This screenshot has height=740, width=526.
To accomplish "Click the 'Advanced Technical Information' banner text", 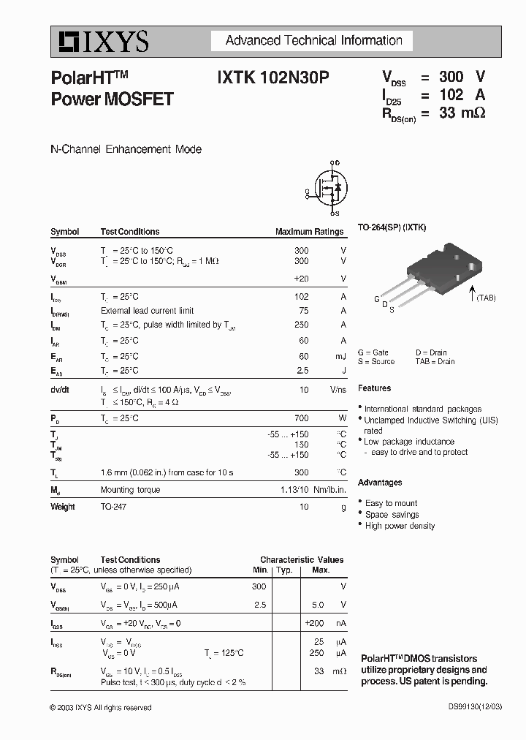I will [313, 41].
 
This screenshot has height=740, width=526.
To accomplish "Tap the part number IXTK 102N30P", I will [272, 77].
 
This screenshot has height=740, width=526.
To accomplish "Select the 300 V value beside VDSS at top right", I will [461, 77].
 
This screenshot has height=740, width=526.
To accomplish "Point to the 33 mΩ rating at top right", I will [462, 113].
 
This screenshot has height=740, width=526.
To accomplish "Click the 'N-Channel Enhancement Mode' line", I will [126, 149].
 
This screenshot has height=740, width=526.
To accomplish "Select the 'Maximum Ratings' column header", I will [309, 232].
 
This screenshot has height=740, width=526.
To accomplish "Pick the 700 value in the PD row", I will [301, 418].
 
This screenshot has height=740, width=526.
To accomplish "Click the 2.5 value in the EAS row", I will [302, 371].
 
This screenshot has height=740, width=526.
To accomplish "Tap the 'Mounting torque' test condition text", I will [130, 490].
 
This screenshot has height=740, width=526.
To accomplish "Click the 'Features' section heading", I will [374, 388].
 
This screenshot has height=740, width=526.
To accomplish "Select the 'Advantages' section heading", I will [379, 483].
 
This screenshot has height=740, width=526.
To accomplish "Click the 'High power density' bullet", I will [400, 526].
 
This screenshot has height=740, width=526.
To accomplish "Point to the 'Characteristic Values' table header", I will [302, 560].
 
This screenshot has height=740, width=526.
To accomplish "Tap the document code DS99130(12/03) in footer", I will [475, 707].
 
